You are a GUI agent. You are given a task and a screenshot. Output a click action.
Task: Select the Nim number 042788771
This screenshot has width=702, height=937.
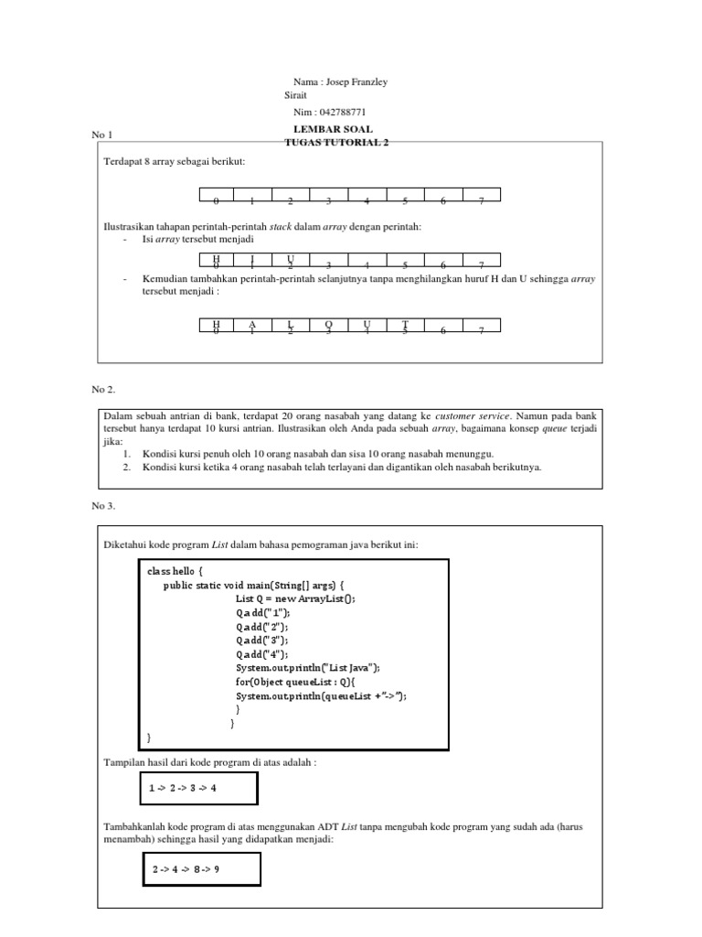tap(336, 112)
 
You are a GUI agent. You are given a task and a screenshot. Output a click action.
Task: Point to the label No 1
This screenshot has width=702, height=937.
tap(101, 135)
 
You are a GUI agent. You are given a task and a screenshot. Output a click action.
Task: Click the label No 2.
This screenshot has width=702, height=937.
tap(103, 388)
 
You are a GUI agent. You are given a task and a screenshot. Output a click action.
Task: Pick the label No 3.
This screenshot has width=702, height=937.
tap(103, 505)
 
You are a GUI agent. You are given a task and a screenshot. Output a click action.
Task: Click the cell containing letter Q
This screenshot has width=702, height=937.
tap(328, 325)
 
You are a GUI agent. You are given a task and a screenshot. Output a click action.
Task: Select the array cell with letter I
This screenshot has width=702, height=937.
tap(252, 262)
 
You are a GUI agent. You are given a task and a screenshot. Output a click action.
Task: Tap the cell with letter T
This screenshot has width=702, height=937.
tap(404, 325)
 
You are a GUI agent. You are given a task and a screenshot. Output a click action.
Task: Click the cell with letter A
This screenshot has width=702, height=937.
tap(252, 325)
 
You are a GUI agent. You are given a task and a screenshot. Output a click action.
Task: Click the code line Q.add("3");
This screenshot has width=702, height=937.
tap(261, 641)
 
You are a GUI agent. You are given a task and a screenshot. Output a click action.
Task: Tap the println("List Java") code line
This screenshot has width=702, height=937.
tap(307, 668)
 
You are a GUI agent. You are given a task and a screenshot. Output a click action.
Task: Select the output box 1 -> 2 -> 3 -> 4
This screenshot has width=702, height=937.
tap(195, 788)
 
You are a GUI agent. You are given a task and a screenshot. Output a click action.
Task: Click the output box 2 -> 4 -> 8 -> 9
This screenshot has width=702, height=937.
tap(201, 869)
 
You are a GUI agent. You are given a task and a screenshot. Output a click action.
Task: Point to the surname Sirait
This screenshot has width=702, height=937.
tap(295, 95)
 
